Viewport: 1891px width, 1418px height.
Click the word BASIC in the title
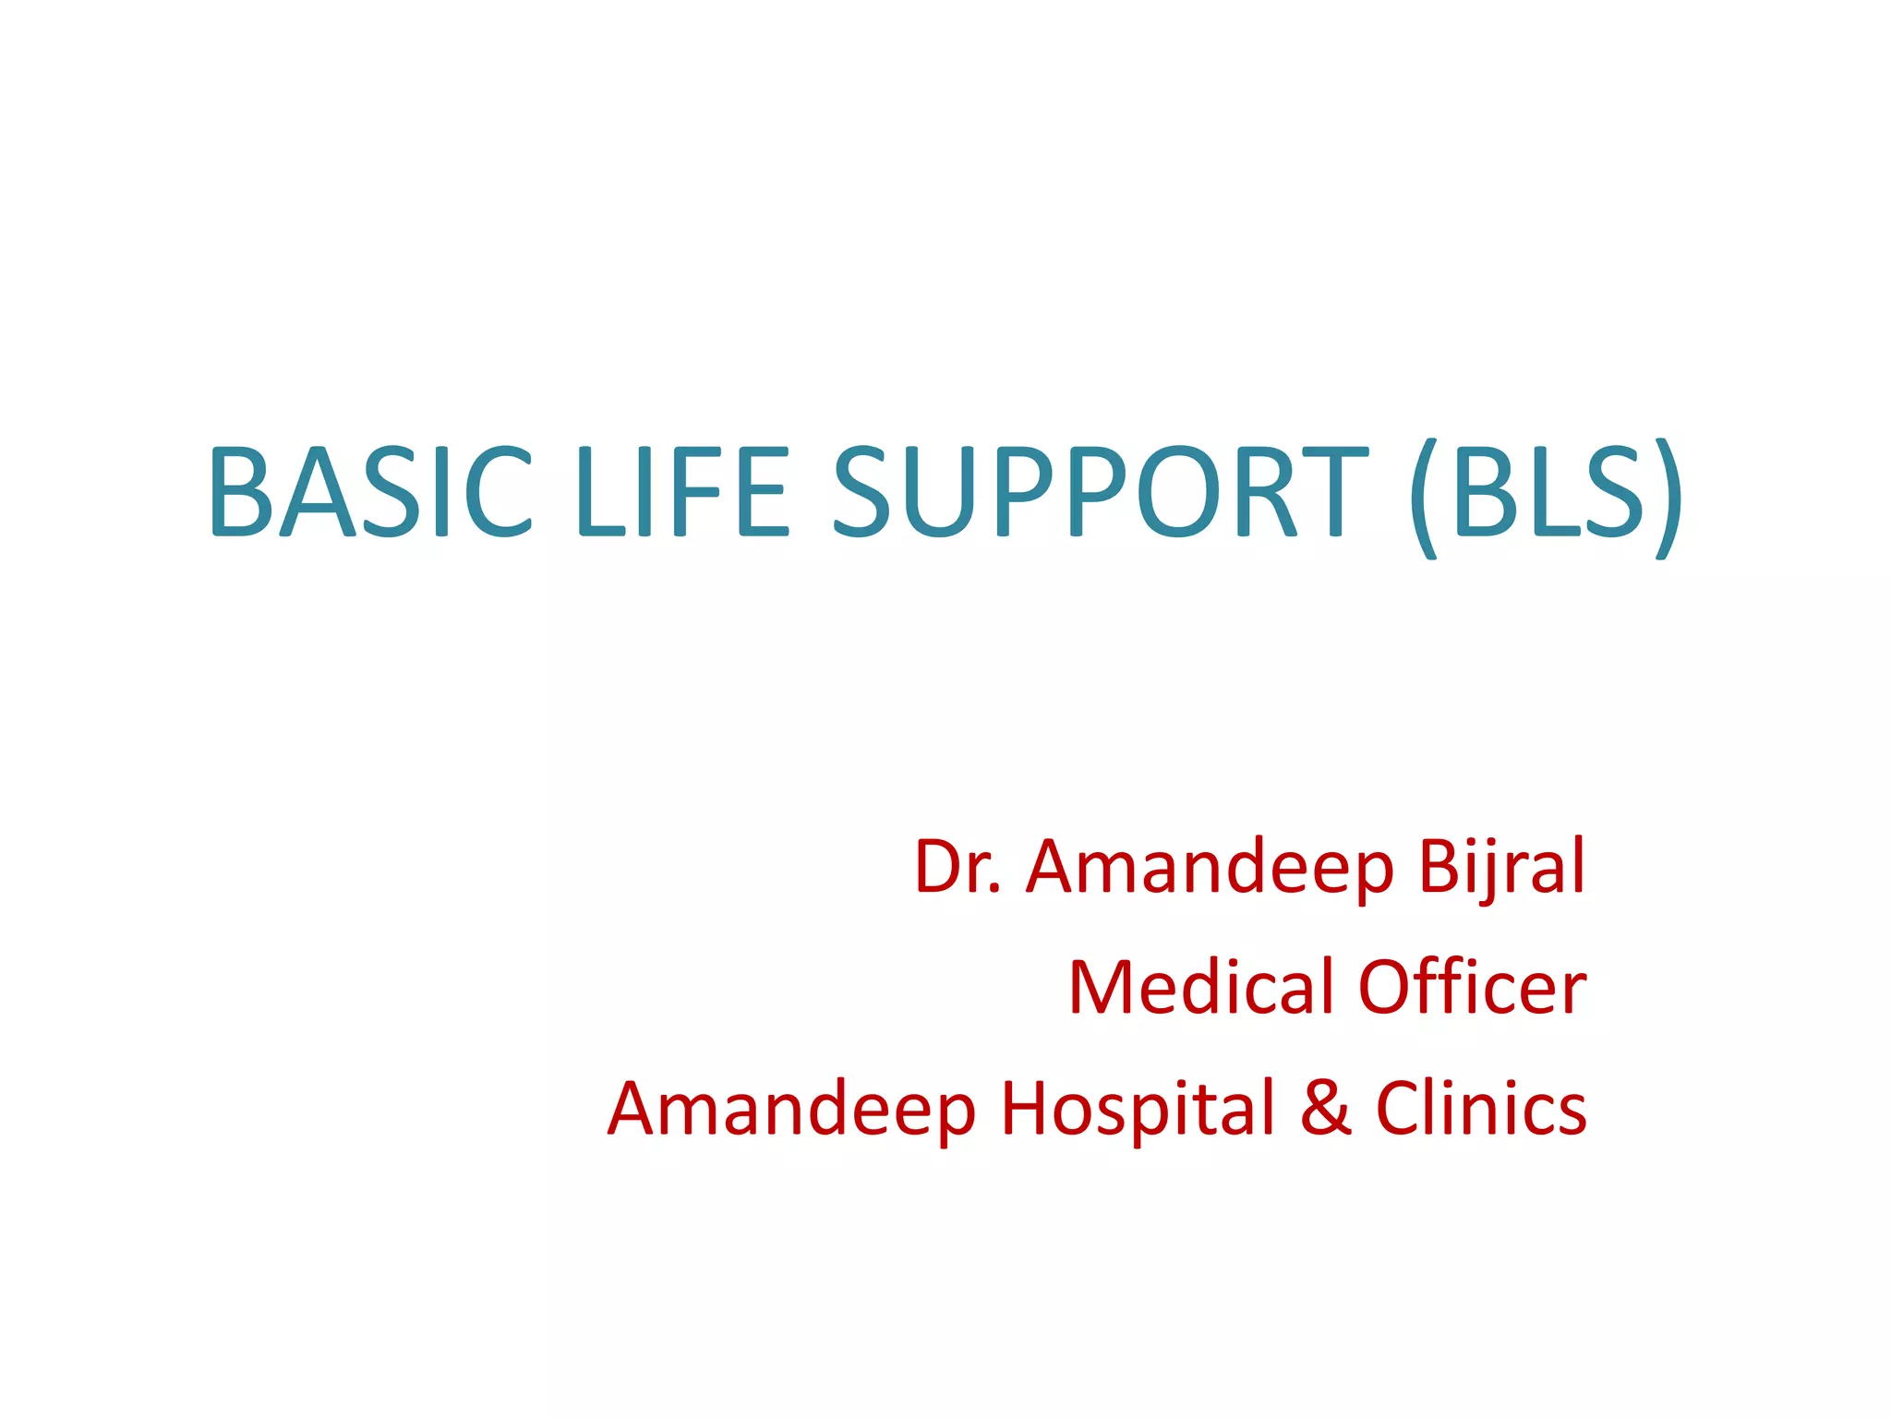(x=370, y=490)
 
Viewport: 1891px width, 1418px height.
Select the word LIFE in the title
(x=682, y=490)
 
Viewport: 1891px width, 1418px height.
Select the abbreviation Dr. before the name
(x=958, y=867)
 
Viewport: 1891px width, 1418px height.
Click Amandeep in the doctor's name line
(x=1210, y=869)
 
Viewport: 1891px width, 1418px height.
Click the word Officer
(x=1473, y=987)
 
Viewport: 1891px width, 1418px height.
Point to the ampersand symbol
(x=1326, y=1109)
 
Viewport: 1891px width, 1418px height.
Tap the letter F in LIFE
(x=704, y=490)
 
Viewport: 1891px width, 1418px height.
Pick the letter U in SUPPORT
(x=941, y=490)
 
